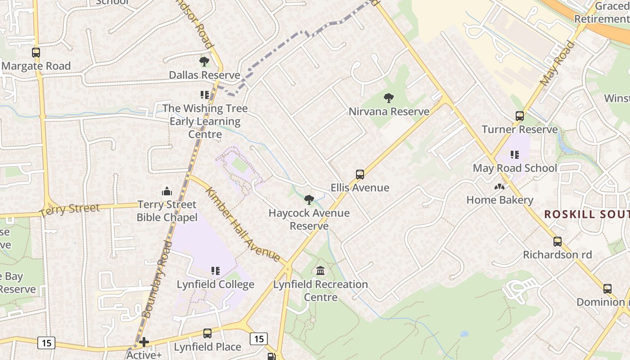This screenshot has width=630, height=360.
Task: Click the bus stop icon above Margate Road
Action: pyautogui.click(x=36, y=53)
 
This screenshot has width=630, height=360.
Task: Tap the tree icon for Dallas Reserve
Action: pyautogui.click(x=204, y=62)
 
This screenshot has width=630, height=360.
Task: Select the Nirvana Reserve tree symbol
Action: pyautogui.click(x=389, y=98)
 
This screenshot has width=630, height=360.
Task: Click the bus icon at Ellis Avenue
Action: pyautogui.click(x=360, y=175)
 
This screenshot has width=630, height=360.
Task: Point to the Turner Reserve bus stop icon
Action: pyautogui.click(x=520, y=116)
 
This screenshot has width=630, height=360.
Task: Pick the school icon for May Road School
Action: pyautogui.click(x=515, y=155)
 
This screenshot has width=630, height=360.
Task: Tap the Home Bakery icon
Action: pyautogui.click(x=499, y=187)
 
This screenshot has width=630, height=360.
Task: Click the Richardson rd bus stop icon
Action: pyautogui.click(x=558, y=242)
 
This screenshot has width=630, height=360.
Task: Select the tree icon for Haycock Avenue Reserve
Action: pyautogui.click(x=309, y=200)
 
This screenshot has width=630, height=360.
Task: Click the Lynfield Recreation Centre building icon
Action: pyautogui.click(x=320, y=271)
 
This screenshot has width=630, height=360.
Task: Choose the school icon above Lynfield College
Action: pyautogui.click(x=216, y=271)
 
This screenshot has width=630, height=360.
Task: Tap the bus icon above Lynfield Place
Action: pyautogui.click(x=207, y=333)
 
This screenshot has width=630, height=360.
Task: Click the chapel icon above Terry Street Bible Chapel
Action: pyautogui.click(x=167, y=191)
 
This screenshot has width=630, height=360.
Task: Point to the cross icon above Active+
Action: pyautogui.click(x=144, y=342)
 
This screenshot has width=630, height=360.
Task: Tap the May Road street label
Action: pyautogui.click(x=558, y=63)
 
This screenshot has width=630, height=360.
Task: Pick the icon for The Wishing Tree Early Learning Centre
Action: pyautogui.click(x=205, y=95)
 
